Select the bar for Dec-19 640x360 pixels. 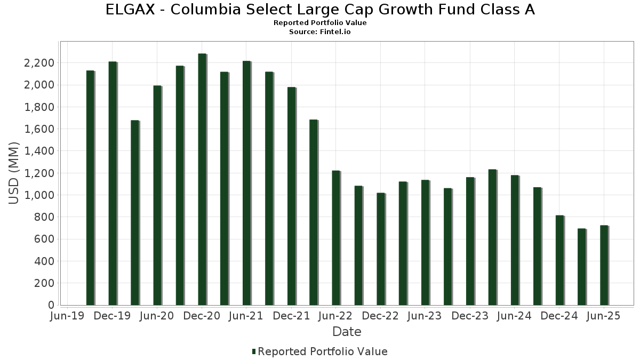pyautogui.click(x=113, y=183)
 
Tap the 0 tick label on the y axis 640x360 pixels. pyautogui.click(x=51, y=305)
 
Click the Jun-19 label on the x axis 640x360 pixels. pyautogui.click(x=67, y=316)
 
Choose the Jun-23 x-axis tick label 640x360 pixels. pyautogui.click(x=424, y=316)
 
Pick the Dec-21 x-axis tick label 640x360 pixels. pyautogui.click(x=291, y=316)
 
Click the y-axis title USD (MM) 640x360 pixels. pyautogui.click(x=14, y=173)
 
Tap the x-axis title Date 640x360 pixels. pyautogui.click(x=347, y=332)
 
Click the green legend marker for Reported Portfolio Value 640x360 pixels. pyautogui.click(x=254, y=351)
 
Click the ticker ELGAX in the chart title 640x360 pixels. pyautogui.click(x=130, y=10)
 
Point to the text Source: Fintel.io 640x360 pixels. pyautogui.click(x=320, y=31)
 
